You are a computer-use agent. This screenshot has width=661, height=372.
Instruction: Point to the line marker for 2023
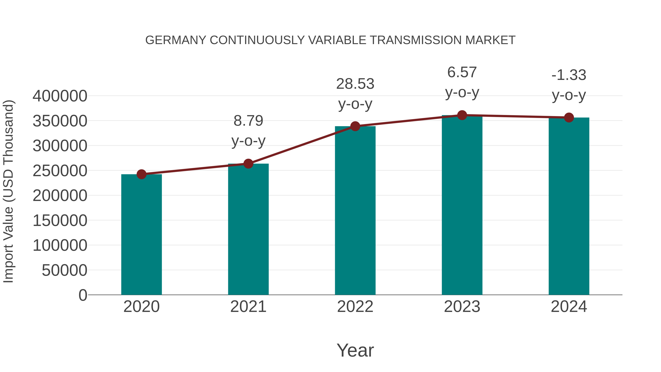tap(462, 115)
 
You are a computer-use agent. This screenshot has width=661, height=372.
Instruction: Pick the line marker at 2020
tap(141, 174)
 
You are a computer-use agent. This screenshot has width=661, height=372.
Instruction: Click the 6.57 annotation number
tap(462, 72)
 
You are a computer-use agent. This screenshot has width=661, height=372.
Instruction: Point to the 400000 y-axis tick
tap(60, 96)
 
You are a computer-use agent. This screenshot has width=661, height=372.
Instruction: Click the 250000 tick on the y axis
tap(60, 171)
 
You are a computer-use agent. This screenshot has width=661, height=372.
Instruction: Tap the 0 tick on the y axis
tap(83, 295)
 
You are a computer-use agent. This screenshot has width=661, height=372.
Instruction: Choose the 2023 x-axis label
tap(462, 307)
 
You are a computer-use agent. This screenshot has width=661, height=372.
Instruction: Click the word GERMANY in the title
tap(176, 40)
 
